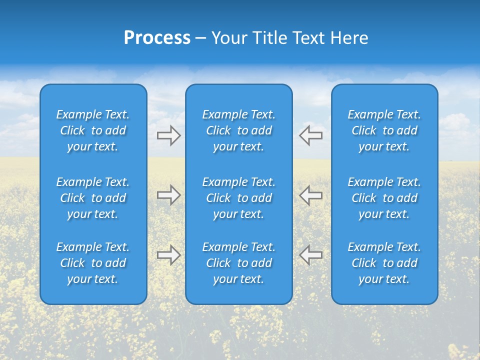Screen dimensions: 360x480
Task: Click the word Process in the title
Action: click(157, 38)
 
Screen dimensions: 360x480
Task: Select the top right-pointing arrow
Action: click(168, 135)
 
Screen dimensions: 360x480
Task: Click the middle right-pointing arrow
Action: click(168, 195)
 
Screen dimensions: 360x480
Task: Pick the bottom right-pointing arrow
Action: click(168, 255)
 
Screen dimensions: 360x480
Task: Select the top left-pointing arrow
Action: click(311, 135)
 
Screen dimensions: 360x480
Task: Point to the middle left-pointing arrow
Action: click(311, 195)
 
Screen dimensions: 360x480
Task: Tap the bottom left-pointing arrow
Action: click(311, 255)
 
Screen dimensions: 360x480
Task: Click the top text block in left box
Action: click(93, 130)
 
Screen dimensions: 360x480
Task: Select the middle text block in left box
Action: click(93, 198)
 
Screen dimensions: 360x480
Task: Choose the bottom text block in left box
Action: click(93, 263)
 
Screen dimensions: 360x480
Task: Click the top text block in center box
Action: click(238, 130)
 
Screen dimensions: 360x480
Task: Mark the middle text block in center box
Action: click(238, 198)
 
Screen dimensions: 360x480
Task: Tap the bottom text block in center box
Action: click(238, 263)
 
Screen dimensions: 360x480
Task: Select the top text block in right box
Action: click(384, 130)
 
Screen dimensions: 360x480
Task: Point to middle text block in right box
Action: click(384, 198)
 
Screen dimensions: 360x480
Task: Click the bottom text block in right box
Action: click(384, 263)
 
